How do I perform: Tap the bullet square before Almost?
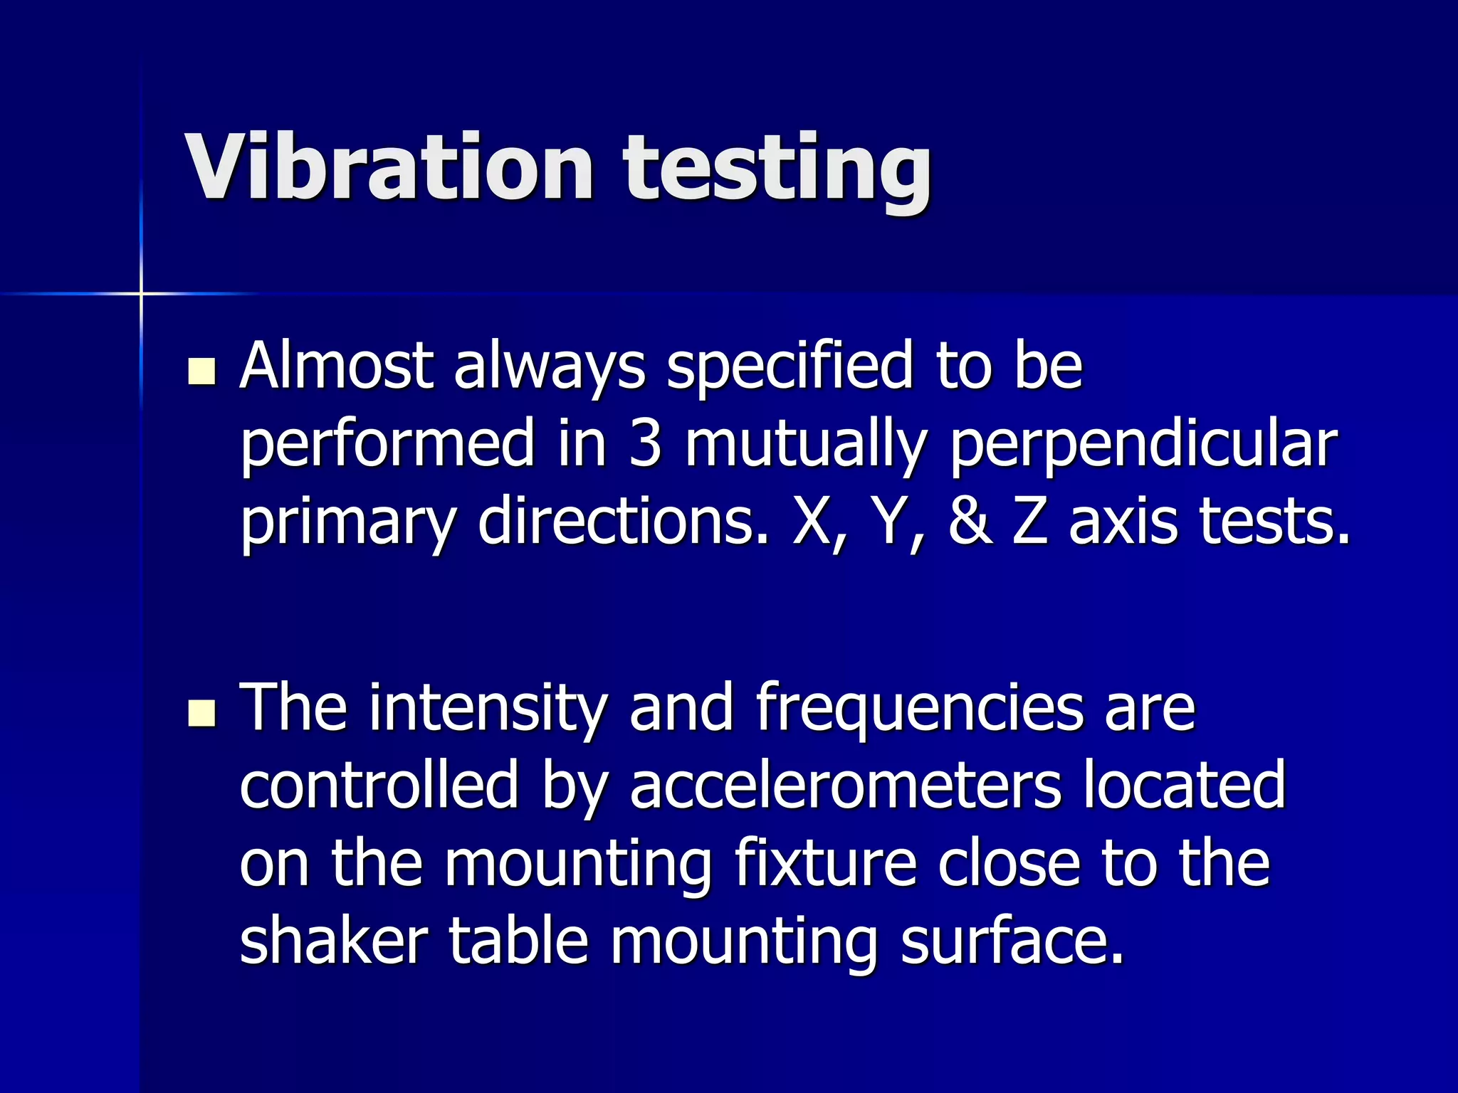click(x=202, y=372)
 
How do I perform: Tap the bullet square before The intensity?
click(x=202, y=713)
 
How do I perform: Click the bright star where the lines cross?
click(x=141, y=293)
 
